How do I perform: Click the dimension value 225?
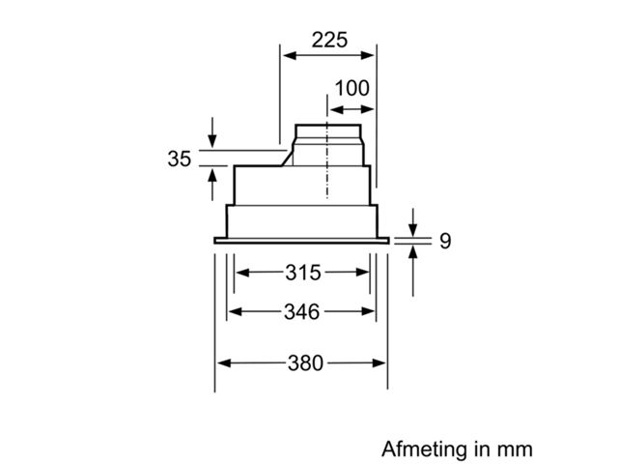329,40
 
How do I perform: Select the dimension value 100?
351,88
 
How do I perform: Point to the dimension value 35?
180,159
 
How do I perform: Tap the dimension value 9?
445,241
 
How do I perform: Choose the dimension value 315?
303,273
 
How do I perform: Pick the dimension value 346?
302,311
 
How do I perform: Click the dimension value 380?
305,363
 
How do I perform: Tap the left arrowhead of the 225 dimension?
290,55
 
